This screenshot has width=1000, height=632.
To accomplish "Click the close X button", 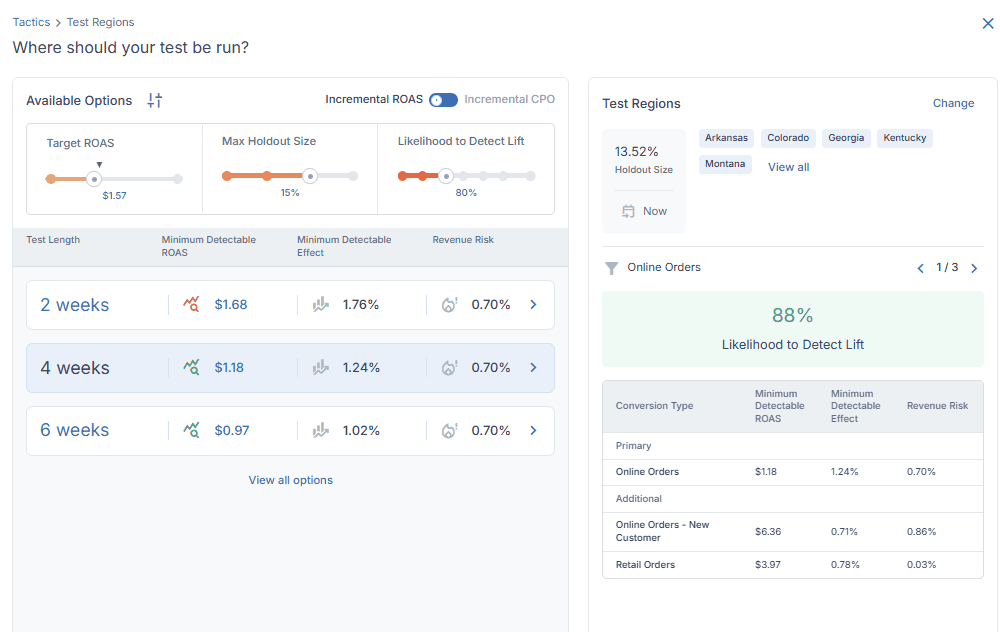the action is (988, 24).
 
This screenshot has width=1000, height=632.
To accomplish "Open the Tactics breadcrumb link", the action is (31, 22).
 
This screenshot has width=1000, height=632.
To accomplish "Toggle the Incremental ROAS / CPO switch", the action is (443, 100).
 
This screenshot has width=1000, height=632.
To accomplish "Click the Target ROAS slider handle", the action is (94, 179).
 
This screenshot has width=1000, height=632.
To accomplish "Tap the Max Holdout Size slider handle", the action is (310, 176).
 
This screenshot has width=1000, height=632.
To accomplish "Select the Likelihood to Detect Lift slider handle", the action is (446, 176).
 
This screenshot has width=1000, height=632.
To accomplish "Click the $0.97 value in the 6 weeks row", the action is (232, 430).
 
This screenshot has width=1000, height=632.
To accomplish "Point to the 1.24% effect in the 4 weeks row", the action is (361, 368).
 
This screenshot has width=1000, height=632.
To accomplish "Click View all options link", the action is (291, 480).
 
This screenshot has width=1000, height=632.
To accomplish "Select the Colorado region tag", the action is (788, 138).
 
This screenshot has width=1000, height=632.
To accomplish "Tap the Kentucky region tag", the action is (905, 138).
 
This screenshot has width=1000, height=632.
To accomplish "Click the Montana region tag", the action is (725, 165).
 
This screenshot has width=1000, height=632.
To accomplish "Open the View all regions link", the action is (788, 167).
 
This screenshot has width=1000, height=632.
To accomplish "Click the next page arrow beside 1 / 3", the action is (974, 268).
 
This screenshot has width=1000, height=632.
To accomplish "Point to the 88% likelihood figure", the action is (793, 315).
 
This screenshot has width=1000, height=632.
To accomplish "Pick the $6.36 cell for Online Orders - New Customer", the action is (768, 532).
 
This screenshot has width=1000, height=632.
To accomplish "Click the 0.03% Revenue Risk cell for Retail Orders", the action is (922, 565).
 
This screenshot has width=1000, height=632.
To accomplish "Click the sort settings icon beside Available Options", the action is (155, 100).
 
